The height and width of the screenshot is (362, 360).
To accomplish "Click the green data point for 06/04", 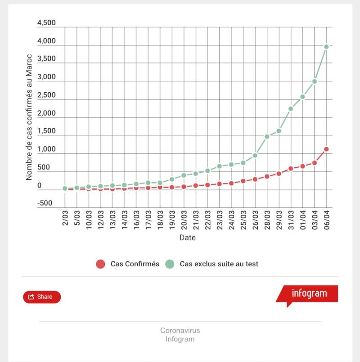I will [x=327, y=46].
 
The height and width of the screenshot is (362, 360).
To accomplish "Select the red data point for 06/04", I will [x=327, y=149].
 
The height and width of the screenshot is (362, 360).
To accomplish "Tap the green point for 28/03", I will [x=267, y=136].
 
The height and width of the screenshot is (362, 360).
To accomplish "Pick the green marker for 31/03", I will [x=291, y=108].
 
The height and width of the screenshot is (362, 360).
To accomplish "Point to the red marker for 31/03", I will [x=291, y=169].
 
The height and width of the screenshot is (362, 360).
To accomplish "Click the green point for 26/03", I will [x=255, y=155].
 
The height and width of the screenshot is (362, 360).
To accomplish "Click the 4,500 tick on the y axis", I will [x=46, y=23].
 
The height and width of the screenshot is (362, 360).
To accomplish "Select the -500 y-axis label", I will [x=45, y=203].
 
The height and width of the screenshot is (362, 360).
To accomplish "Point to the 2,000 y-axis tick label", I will [x=46, y=113].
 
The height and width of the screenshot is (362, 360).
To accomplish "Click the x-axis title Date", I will [x=188, y=237].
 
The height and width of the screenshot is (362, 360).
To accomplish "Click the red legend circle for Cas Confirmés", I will [x=101, y=264].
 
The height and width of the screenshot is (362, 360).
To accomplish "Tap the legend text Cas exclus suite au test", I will [x=219, y=264].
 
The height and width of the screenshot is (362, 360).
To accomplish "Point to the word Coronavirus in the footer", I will [x=180, y=331].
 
